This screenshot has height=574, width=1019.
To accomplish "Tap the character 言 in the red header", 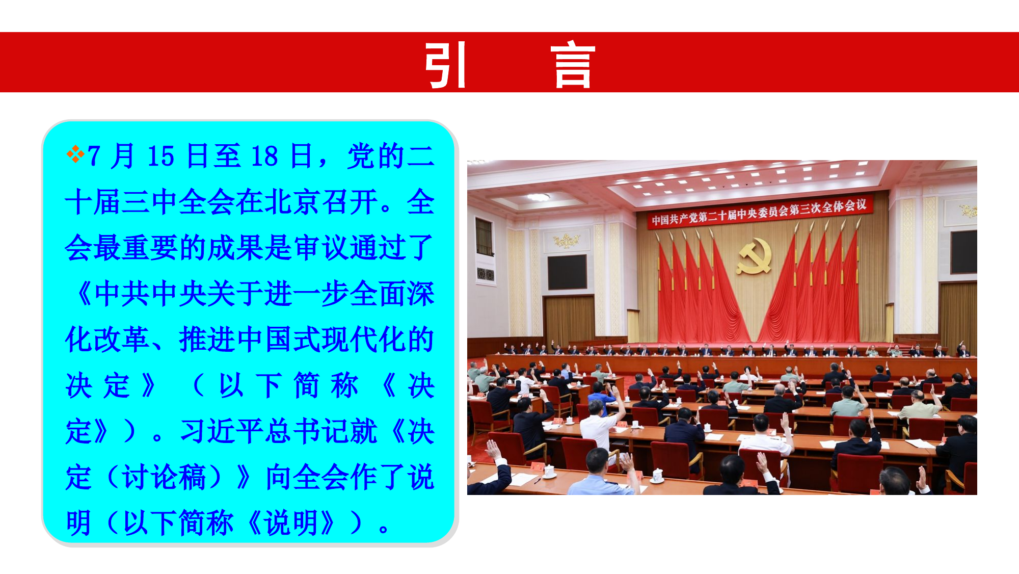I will (573, 64).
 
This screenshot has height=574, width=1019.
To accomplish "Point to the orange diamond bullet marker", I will (75, 154).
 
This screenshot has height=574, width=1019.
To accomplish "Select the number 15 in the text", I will (161, 156).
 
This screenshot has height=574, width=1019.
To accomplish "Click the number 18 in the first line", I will (264, 156).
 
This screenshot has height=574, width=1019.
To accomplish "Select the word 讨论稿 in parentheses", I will (164, 477).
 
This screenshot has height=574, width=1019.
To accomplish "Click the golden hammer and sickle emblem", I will (755, 255).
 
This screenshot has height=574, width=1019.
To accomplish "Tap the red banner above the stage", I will (759, 213).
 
